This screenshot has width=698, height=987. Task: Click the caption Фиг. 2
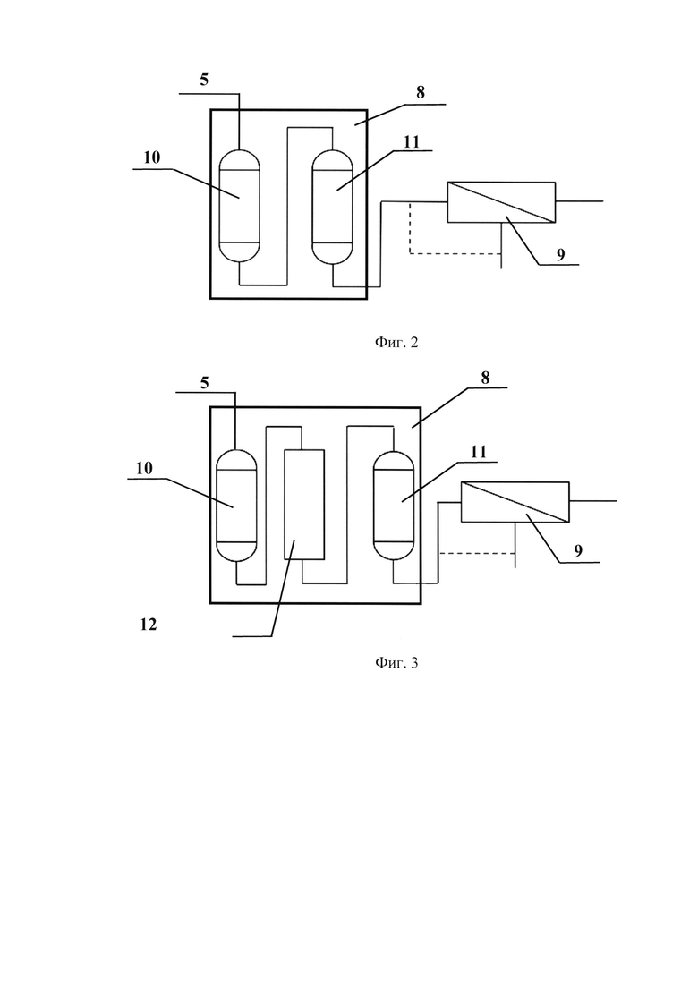pyautogui.click(x=396, y=343)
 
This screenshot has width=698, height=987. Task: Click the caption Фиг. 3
pyautogui.click(x=396, y=662)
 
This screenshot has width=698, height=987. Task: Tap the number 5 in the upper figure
pyautogui.click(x=204, y=80)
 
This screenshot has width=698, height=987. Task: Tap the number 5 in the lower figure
pyautogui.click(x=205, y=383)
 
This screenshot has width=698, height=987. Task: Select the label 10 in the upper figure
pyautogui.click(x=152, y=157)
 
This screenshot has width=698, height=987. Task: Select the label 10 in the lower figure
pyautogui.click(x=144, y=468)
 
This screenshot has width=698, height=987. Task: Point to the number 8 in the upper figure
pyautogui.click(x=421, y=92)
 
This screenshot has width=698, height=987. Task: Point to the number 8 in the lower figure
pyautogui.click(x=485, y=378)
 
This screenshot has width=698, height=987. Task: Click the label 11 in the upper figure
pyautogui.click(x=411, y=142)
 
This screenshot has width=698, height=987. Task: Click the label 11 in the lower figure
pyautogui.click(x=479, y=452)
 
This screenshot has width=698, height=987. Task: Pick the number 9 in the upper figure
pyautogui.click(x=560, y=254)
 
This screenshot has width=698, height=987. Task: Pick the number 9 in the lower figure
pyautogui.click(x=578, y=551)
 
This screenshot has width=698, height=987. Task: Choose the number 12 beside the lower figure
pyautogui.click(x=148, y=625)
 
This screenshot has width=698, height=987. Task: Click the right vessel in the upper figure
pyautogui.click(x=332, y=207)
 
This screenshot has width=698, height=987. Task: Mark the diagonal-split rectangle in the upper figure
pyautogui.click(x=502, y=202)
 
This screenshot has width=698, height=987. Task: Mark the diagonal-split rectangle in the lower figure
pyautogui.click(x=515, y=502)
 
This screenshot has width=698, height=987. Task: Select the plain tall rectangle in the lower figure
pyautogui.click(x=304, y=505)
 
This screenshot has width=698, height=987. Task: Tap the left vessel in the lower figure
pyautogui.click(x=236, y=506)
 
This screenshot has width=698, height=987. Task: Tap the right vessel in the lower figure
pyautogui.click(x=394, y=506)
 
